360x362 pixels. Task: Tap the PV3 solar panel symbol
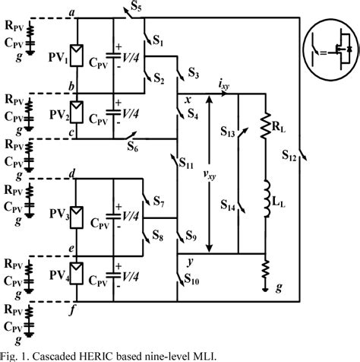(x=74, y=215)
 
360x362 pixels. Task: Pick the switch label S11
(x=188, y=164)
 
